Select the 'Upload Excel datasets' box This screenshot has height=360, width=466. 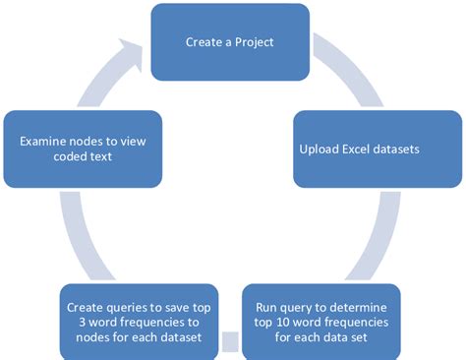pyautogui.click(x=378, y=150)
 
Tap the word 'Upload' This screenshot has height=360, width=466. pyautogui.click(x=321, y=150)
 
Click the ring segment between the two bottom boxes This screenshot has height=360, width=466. pyautogui.click(x=230, y=342)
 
